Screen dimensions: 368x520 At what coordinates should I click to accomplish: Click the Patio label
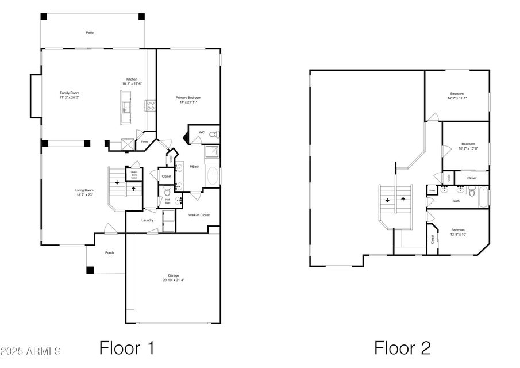pos(90,33)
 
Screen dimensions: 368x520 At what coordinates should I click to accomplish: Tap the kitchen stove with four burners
pos(150,105)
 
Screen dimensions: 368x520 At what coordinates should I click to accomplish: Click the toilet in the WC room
pos(213,135)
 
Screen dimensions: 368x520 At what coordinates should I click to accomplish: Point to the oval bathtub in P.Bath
pos(213,175)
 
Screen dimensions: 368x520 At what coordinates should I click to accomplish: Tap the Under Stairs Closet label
pos(133,174)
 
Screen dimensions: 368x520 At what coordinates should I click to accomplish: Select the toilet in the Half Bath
pos(167,190)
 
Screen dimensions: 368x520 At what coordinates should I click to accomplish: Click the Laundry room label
pos(147,220)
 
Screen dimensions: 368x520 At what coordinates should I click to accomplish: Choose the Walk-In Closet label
pos(199,215)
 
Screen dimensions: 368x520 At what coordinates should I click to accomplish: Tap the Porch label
pos(109,252)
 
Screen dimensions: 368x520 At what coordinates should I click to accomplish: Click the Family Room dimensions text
pos(69,98)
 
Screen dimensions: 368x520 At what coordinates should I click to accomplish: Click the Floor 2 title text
pos(402,347)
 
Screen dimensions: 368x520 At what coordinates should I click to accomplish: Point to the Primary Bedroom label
pos(188,98)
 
